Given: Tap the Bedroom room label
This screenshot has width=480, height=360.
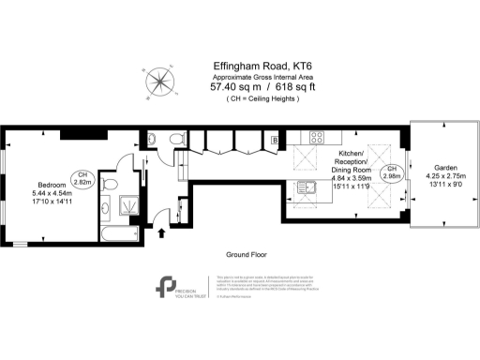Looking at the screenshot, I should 52,184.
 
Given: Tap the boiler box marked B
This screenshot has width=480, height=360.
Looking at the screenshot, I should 275,140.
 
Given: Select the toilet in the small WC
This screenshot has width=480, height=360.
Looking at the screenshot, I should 177,140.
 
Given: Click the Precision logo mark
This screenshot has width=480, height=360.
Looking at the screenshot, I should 168,286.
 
